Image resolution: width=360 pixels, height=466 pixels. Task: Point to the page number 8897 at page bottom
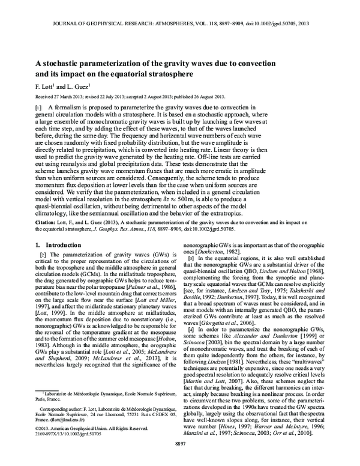tap(180, 459)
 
